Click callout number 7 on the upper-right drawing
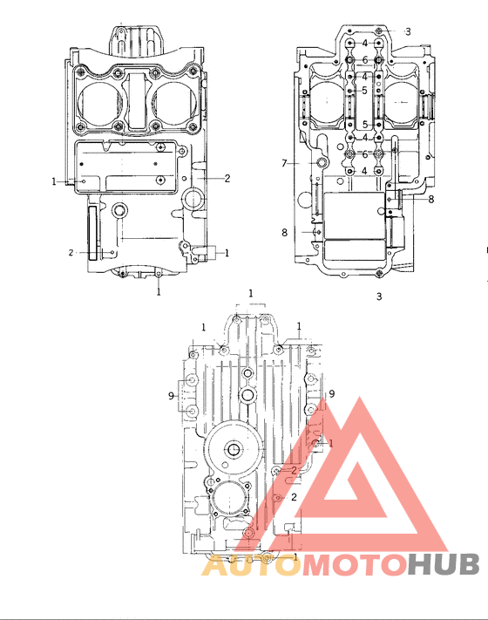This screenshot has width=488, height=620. tap(284, 163)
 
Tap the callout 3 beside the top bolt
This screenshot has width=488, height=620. tap(407, 31)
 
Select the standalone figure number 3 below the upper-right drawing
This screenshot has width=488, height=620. tap(379, 296)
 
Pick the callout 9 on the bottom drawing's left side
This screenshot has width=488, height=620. tap(171, 396)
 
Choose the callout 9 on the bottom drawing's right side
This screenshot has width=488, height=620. tap(331, 393)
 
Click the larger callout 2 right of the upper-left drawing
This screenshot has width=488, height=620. tap(227, 178)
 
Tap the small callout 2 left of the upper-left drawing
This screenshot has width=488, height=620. tap(71, 253)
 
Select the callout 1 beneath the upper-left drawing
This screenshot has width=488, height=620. tap(159, 293)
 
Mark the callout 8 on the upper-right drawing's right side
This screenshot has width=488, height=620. tap(430, 200)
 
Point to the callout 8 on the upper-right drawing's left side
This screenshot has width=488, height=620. tap(284, 232)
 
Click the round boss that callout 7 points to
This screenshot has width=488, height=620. tap(322, 163)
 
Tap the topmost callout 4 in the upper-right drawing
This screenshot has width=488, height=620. tap(365, 44)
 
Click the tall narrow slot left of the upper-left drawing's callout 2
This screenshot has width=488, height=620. tap(93, 231)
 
